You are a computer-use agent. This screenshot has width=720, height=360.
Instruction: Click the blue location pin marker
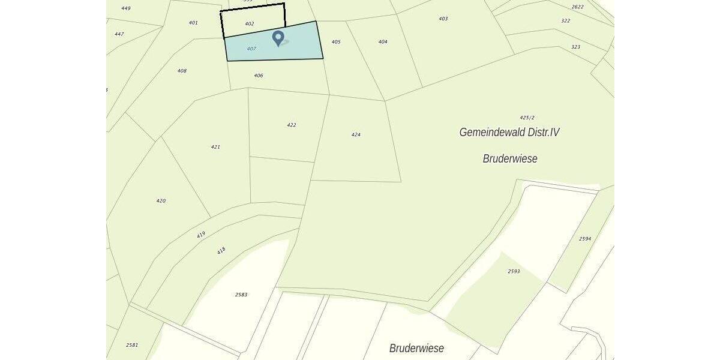point(278,38)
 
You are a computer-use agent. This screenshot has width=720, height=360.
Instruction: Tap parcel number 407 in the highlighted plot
point(251,49)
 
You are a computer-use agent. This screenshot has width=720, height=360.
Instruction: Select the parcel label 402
point(250,24)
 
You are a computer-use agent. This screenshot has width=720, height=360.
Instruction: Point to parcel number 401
point(193,23)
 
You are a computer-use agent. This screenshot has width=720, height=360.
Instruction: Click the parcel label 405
point(336,42)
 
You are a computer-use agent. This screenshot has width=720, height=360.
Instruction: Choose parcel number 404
point(383,42)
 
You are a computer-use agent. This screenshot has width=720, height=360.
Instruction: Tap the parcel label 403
point(443,19)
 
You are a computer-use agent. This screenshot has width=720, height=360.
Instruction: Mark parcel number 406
point(259,76)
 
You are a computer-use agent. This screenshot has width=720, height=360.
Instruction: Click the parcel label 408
point(182,71)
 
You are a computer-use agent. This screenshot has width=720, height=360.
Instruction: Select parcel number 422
point(292,125)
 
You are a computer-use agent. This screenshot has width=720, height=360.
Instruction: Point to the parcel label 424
point(356,135)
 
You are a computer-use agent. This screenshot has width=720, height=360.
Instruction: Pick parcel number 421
point(215,147)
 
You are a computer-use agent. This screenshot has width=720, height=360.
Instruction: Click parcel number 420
point(161,201)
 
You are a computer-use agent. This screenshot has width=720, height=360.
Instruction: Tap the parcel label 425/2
point(527,118)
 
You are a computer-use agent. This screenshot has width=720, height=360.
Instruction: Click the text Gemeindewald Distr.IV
point(509,132)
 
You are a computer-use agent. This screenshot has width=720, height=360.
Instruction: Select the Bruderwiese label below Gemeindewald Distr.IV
point(510,159)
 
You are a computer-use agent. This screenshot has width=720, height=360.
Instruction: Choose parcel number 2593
point(514,272)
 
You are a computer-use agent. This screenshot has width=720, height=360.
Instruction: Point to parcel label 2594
point(585,239)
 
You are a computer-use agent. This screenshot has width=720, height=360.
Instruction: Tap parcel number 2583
point(241,295)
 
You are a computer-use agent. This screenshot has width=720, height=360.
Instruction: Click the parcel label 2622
point(577,7)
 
